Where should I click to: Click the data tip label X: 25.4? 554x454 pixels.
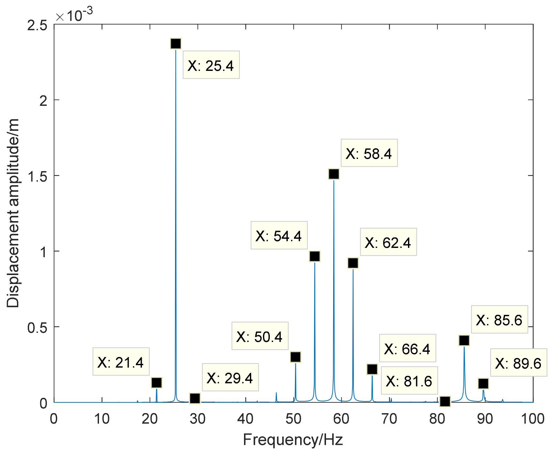(x=211, y=65)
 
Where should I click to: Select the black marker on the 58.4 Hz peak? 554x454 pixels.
(x=334, y=174)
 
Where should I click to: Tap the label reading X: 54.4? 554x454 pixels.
(x=279, y=235)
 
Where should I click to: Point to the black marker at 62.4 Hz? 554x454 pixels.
(x=353, y=263)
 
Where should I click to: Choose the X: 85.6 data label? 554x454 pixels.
(x=499, y=320)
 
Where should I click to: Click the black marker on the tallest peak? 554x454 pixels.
(x=175, y=44)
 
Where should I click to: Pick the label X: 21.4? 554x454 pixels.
(x=121, y=362)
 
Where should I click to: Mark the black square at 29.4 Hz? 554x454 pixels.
(x=195, y=398)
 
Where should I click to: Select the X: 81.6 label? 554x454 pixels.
(x=409, y=381)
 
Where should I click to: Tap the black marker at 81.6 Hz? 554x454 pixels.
(x=445, y=401)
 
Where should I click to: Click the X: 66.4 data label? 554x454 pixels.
(x=407, y=349)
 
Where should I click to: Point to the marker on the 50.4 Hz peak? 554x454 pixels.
(x=295, y=357)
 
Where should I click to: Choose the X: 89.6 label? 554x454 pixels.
(x=518, y=363)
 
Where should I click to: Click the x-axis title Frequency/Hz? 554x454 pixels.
(x=293, y=440)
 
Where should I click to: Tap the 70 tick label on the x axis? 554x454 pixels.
(x=389, y=419)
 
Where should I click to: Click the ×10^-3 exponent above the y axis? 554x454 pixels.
(x=74, y=15)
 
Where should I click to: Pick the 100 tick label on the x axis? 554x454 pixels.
(x=532, y=419)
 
